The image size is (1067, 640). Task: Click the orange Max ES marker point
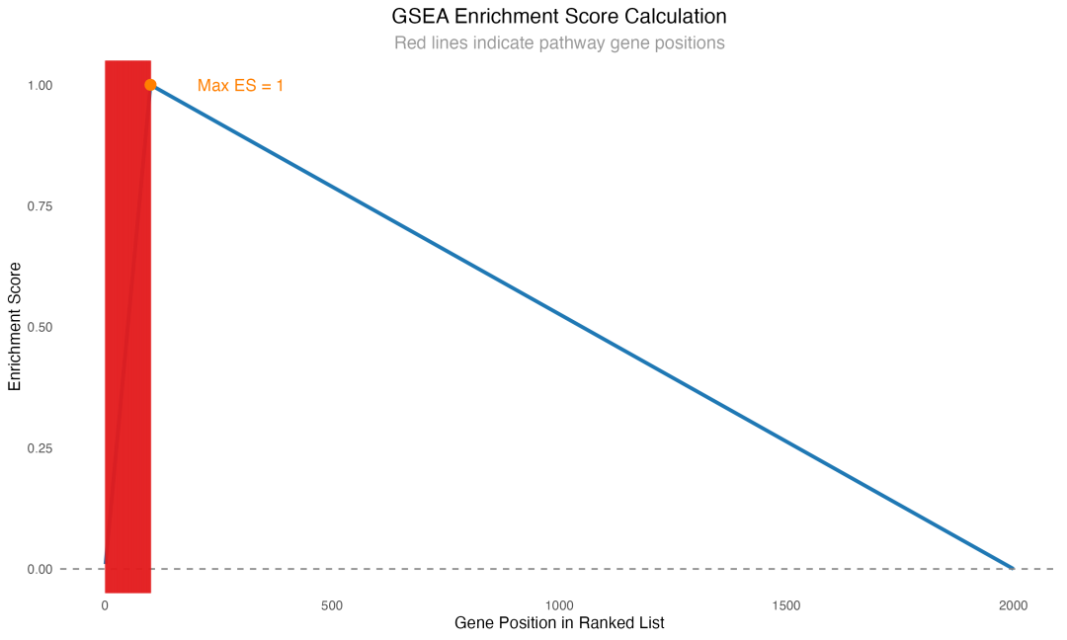150,85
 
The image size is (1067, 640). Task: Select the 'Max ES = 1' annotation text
240,86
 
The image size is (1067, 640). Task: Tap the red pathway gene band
127,326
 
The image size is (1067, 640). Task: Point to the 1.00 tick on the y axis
40,86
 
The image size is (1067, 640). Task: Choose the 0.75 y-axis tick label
40,206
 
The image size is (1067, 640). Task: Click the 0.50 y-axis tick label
40,327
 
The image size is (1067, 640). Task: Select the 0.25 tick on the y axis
40,448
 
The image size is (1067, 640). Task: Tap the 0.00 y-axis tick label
40,569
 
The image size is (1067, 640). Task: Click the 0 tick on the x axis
105,605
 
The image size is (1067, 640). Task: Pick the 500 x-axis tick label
332,605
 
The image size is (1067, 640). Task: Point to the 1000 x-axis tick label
559,605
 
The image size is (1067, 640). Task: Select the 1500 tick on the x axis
786,605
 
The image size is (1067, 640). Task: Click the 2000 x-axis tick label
1014,605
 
